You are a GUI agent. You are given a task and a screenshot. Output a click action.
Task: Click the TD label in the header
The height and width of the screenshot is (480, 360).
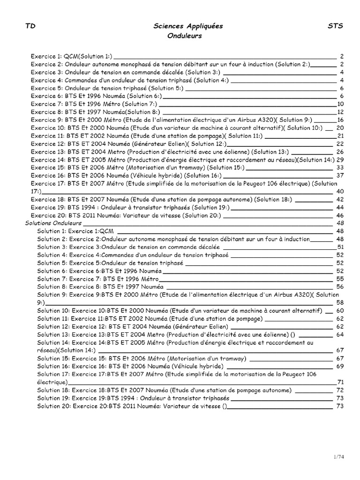click(x=30, y=27)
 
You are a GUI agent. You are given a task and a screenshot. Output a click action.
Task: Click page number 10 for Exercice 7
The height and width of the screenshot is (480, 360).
click(x=341, y=104)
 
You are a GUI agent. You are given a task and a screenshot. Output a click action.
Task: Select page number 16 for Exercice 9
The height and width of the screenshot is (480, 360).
click(x=341, y=120)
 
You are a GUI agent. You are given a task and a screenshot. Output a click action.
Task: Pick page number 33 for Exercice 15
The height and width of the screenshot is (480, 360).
click(x=341, y=167)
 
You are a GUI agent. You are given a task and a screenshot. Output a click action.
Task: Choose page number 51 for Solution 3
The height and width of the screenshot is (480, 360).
click(x=341, y=247)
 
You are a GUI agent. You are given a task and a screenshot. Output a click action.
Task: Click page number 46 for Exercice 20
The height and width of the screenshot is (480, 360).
click(x=341, y=215)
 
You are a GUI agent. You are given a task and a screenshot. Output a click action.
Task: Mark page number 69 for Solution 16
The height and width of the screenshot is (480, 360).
click(x=341, y=366)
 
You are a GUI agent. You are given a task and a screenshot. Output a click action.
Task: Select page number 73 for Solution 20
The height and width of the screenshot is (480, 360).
click(x=341, y=406)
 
